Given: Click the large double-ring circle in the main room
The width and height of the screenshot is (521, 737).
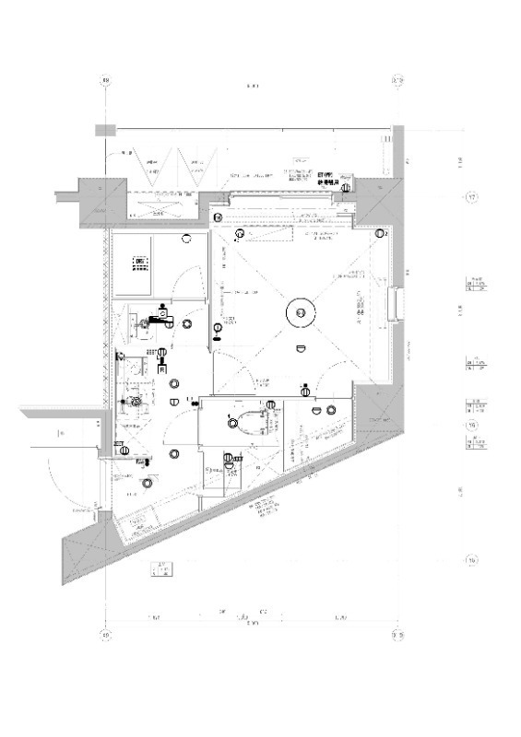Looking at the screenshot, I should pos(301,312).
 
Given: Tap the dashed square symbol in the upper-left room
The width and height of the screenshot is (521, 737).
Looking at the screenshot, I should pos(139,264).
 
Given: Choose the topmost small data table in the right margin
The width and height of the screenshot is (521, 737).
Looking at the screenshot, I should pos(477,285).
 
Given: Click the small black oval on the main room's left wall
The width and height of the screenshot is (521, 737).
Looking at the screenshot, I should pos(217,338).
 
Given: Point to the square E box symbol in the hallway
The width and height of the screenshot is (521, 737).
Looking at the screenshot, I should pos(162,368).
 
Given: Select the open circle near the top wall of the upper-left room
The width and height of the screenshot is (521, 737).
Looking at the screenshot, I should pos(187,239).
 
